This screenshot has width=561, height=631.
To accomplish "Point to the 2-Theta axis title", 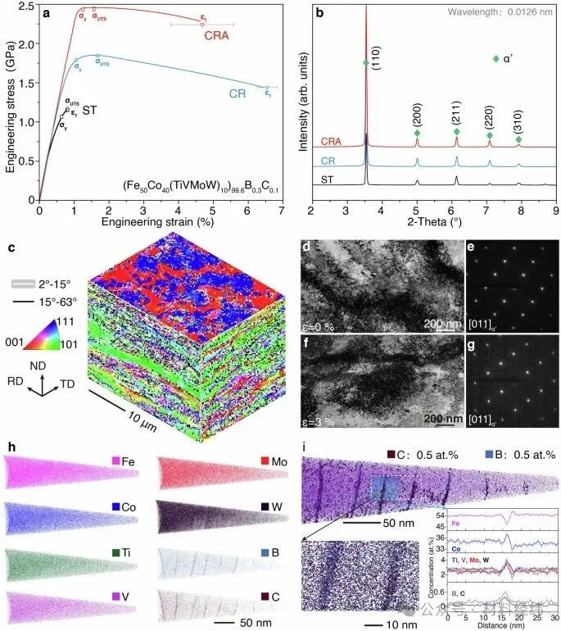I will click(434, 220).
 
